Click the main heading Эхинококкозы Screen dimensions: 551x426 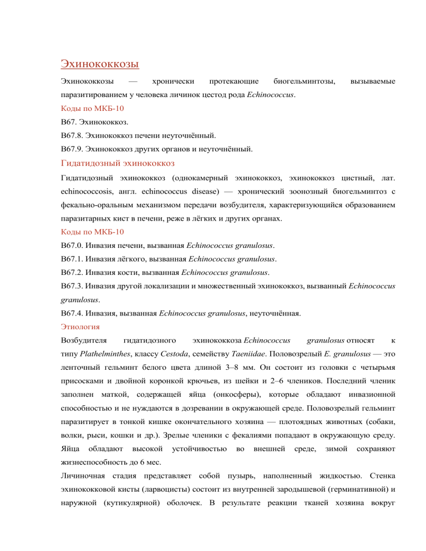99,64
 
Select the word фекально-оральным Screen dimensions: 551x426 97,206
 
